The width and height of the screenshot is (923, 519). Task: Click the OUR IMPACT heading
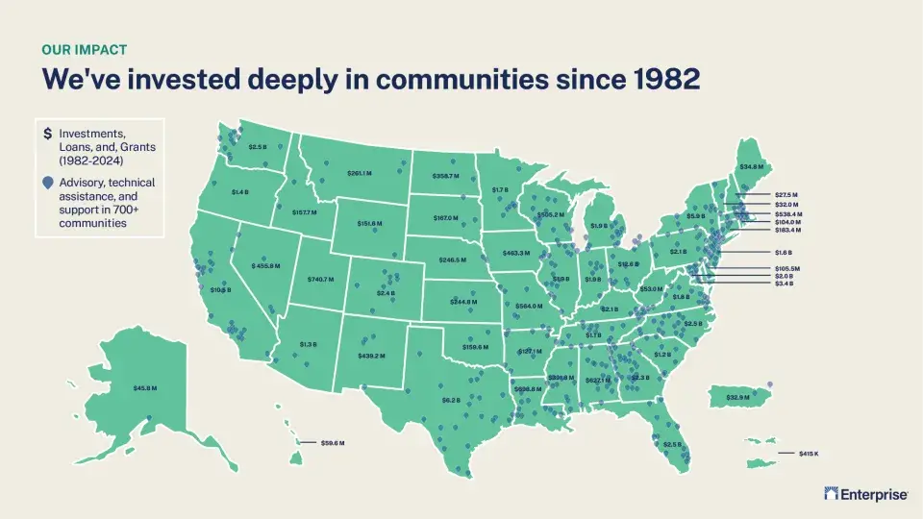(x=85, y=49)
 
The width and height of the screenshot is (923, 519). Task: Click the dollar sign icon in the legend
(x=48, y=133)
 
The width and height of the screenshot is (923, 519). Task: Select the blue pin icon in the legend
(x=48, y=183)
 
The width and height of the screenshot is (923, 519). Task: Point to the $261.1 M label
(x=359, y=173)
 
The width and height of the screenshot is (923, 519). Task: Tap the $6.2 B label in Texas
(x=451, y=399)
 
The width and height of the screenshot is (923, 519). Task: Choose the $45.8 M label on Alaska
(x=145, y=388)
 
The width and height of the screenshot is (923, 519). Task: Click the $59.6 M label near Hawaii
(x=332, y=442)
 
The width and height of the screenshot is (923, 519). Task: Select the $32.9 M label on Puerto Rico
(x=737, y=397)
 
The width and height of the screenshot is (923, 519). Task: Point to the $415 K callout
(x=808, y=453)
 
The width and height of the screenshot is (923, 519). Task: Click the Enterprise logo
(x=866, y=494)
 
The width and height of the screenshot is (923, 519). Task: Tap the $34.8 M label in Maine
(x=752, y=167)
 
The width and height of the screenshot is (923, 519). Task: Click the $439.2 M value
(x=371, y=356)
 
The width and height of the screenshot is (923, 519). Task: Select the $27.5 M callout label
(x=787, y=195)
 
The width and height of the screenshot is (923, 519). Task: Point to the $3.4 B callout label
(x=784, y=284)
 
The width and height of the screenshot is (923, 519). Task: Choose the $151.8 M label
(x=369, y=223)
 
